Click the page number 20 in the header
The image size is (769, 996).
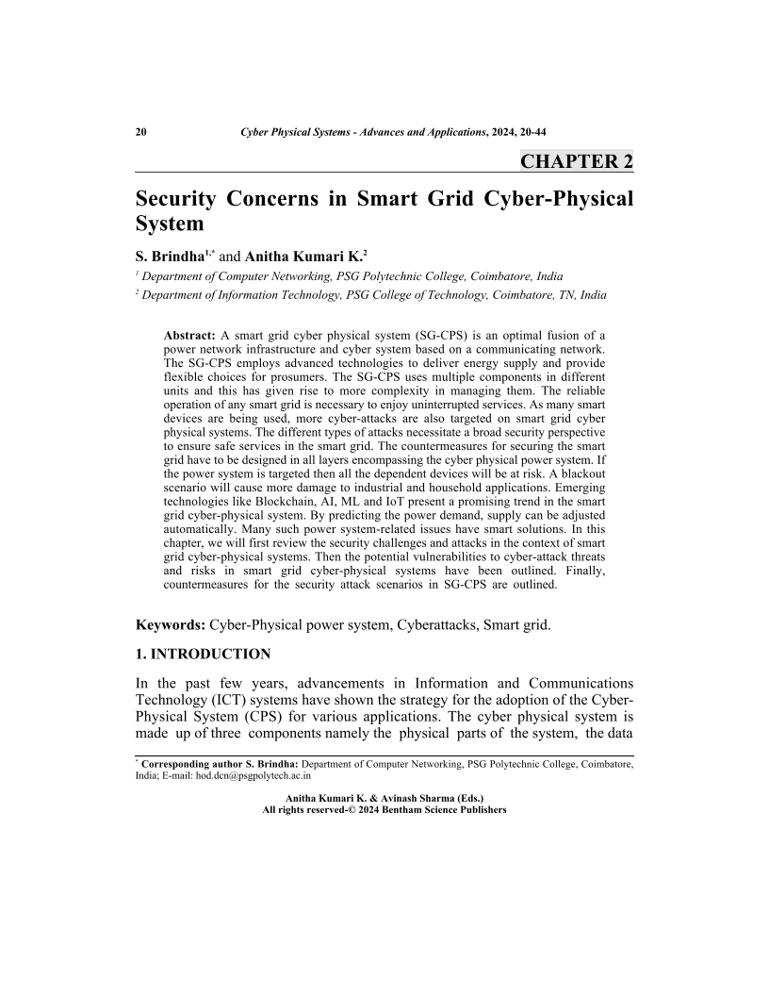141,132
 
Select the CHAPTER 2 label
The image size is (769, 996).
577,161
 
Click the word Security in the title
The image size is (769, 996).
179,200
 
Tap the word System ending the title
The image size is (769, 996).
170,224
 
